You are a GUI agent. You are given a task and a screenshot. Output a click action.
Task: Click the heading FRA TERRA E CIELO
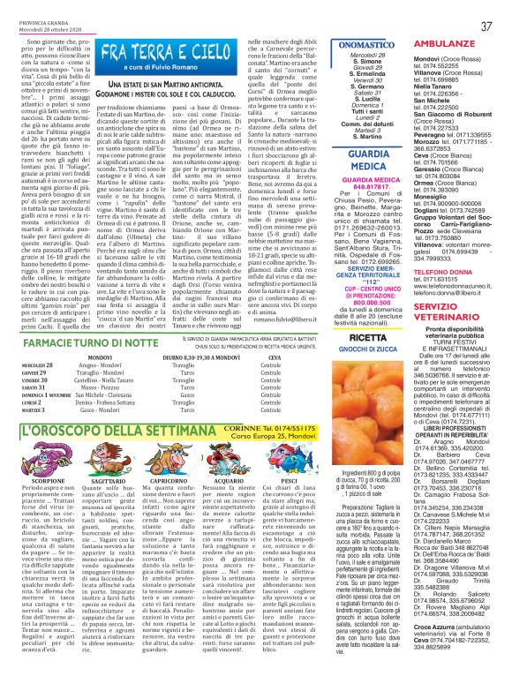[164, 50]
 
